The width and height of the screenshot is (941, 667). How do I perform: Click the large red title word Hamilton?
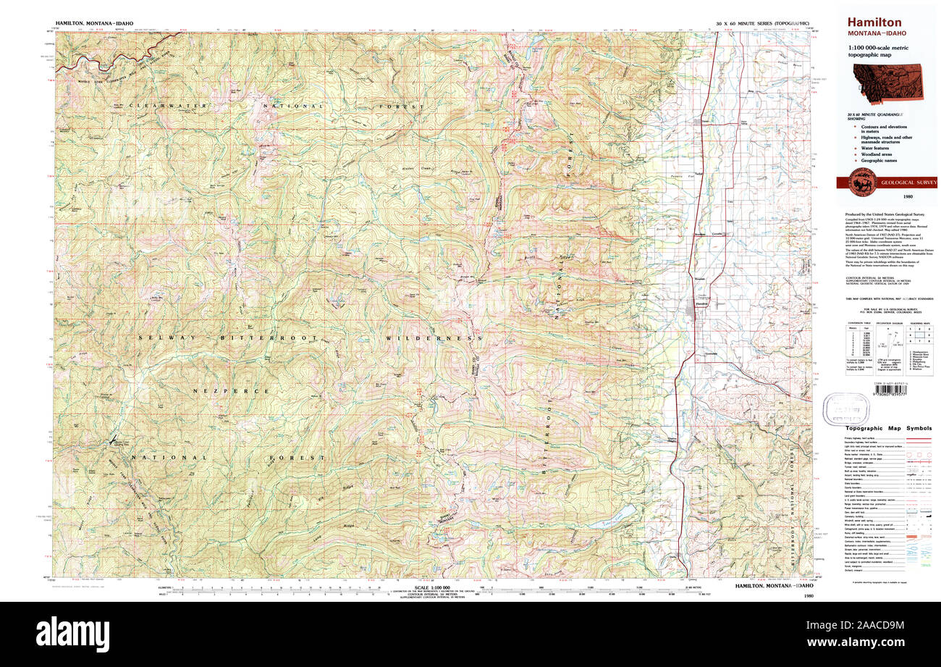[872, 22]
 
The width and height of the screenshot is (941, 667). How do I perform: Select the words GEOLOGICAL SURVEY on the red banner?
[908, 183]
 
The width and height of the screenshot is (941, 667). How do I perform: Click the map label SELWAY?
[159, 338]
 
